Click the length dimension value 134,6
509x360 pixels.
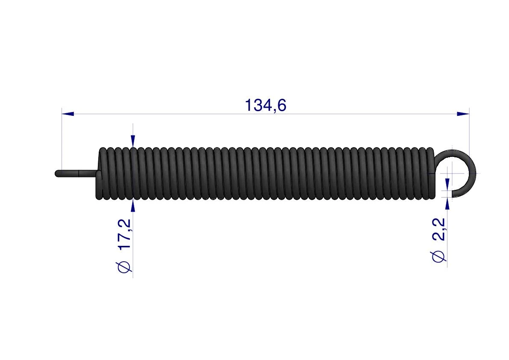point(265,106)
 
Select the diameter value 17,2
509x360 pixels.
point(125,234)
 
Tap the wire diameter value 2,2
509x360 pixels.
point(439,229)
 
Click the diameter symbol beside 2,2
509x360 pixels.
point(439,256)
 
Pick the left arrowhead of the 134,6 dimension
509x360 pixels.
point(68,114)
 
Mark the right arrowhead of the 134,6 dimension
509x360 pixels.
point(463,114)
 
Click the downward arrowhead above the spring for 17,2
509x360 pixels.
point(133,141)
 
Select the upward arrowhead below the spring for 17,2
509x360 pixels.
point(133,206)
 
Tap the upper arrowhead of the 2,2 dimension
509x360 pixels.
point(447,184)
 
